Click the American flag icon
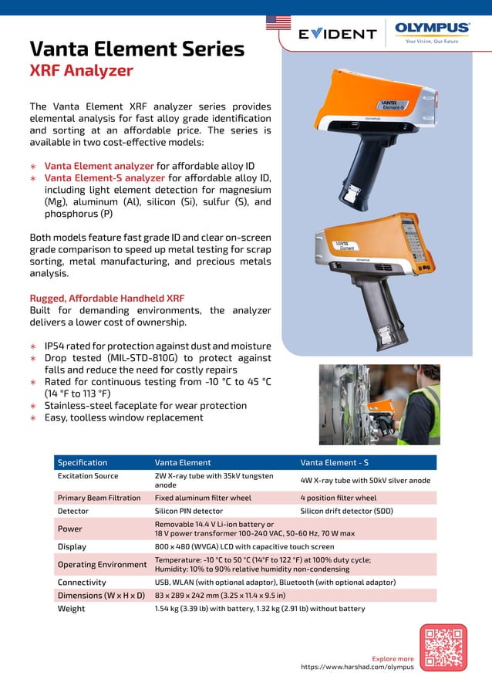point(278,22)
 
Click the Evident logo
point(338,34)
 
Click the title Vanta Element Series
point(136,49)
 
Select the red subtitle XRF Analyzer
point(81,72)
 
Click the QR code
point(443,647)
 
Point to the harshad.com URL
point(357,667)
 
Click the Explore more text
point(393,659)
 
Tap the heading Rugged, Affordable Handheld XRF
point(106,298)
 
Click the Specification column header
point(83,463)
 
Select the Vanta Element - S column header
point(334,463)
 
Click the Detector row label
point(73,511)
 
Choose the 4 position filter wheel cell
point(338,498)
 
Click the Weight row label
point(72,609)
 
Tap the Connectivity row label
point(82,582)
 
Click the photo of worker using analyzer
point(379,404)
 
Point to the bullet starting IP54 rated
point(157,346)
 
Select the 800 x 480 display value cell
point(244,546)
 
